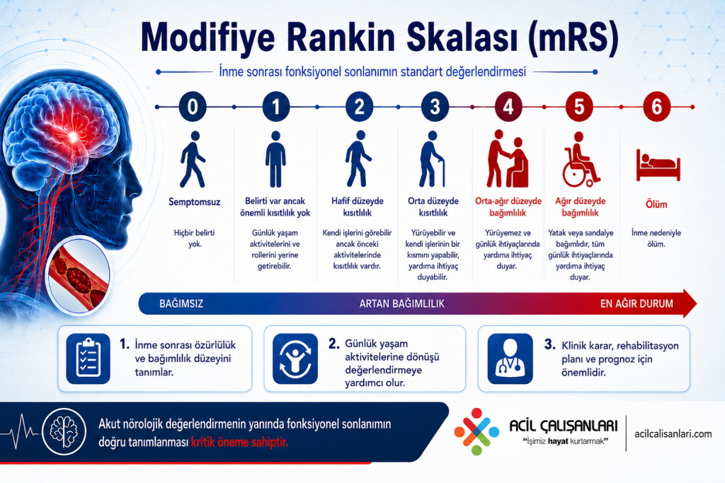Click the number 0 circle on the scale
pyautogui.click(x=193, y=107)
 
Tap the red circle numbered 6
pyautogui.click(x=656, y=107)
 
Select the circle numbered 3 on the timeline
pyautogui.click(x=435, y=107)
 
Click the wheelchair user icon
pyautogui.click(x=581, y=160)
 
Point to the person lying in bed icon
pyautogui.click(x=658, y=165)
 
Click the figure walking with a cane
pyautogui.click(x=432, y=159)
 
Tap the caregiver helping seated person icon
pyautogui.click(x=508, y=159)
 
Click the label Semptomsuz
pyautogui.click(x=194, y=202)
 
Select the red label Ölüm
pyautogui.click(x=656, y=204)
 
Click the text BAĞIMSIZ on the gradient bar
pyautogui.click(x=181, y=304)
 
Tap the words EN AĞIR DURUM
pyautogui.click(x=636, y=304)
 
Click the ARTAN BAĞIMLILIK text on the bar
pyautogui.click(x=402, y=304)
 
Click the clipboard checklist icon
pyautogui.click(x=89, y=359)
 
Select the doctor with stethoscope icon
pyautogui.click(x=510, y=359)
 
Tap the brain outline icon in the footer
pyautogui.click(x=64, y=431)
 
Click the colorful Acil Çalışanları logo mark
pyautogui.click(x=476, y=431)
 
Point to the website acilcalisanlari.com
pyautogui.click(x=673, y=433)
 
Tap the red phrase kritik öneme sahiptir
pyautogui.click(x=239, y=442)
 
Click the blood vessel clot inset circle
pyautogui.click(x=78, y=276)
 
